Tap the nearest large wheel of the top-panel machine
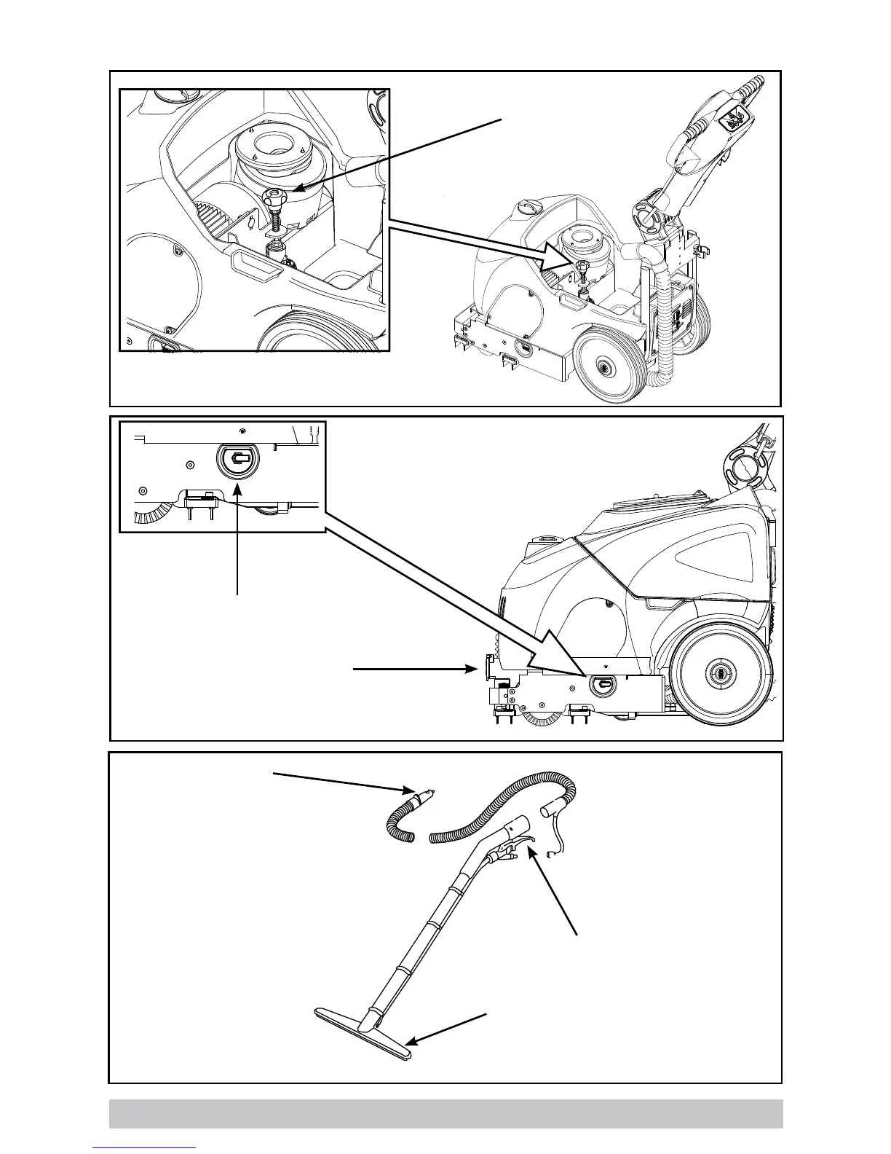[604, 366]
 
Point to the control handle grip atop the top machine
[717, 117]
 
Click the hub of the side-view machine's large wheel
[721, 675]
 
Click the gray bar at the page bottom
[445, 1113]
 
